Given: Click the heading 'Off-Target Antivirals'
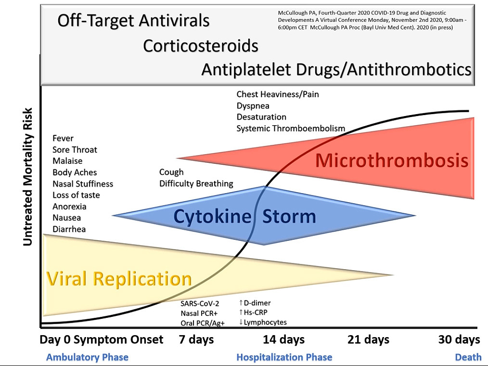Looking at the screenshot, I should pyautogui.click(x=133, y=21).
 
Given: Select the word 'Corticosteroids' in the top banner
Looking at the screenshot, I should pyautogui.click(x=201, y=46).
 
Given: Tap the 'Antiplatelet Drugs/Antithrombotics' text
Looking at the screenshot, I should pyautogui.click(x=336, y=70).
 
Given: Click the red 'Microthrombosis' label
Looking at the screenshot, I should pyautogui.click(x=392, y=160).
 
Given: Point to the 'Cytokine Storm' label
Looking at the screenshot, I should pyautogui.click(x=244, y=216).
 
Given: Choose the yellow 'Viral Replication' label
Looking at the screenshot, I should pyautogui.click(x=119, y=279).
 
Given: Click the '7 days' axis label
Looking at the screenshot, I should pyautogui.click(x=196, y=340).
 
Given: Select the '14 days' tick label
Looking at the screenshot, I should pyautogui.click(x=283, y=340).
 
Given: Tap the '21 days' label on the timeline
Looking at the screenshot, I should pyautogui.click(x=368, y=340).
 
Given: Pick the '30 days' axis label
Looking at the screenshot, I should pyautogui.click(x=459, y=340).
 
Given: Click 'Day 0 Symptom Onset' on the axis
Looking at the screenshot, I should pyautogui.click(x=102, y=340).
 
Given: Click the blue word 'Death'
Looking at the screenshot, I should pyautogui.click(x=468, y=357).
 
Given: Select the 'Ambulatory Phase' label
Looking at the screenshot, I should pyautogui.click(x=87, y=357).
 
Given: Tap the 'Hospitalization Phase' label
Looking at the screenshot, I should pyautogui.click(x=284, y=357).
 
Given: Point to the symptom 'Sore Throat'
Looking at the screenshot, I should pyautogui.click(x=75, y=150).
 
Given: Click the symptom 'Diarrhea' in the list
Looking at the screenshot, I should pyautogui.click(x=69, y=229).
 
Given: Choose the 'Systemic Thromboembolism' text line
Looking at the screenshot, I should pyautogui.click(x=291, y=129).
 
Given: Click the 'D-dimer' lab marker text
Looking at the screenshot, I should pyautogui.click(x=257, y=303).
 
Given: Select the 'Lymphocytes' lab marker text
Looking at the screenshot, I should pyautogui.click(x=265, y=322).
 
